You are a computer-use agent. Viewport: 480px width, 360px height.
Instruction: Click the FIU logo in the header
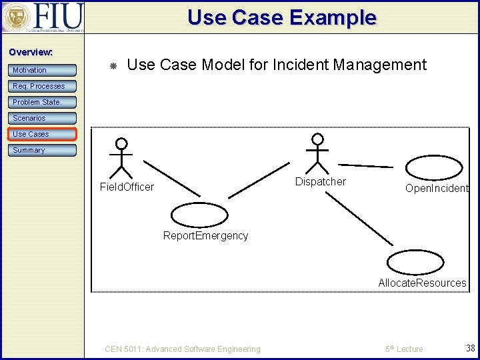(x=43, y=17)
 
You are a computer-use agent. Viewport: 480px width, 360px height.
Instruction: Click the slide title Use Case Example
(x=281, y=17)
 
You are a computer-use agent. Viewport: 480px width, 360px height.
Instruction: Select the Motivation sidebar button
(x=42, y=70)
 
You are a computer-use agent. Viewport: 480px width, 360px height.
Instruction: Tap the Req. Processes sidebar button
(x=42, y=86)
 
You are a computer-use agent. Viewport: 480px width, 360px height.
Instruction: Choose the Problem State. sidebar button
(x=42, y=102)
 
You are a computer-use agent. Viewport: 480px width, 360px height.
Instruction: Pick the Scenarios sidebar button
(x=42, y=118)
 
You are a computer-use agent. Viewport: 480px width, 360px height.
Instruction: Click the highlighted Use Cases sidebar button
(x=42, y=134)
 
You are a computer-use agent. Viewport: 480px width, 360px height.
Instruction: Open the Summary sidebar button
(x=42, y=150)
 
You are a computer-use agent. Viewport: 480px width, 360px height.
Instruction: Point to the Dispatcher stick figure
(x=318, y=153)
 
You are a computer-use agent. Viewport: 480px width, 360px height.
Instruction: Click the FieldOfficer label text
(x=127, y=187)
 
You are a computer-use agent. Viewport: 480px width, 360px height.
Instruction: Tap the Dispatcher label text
(x=321, y=181)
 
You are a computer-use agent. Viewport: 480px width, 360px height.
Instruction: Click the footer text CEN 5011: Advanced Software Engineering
(x=183, y=349)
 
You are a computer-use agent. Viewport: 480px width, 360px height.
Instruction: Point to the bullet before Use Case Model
(x=113, y=66)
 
